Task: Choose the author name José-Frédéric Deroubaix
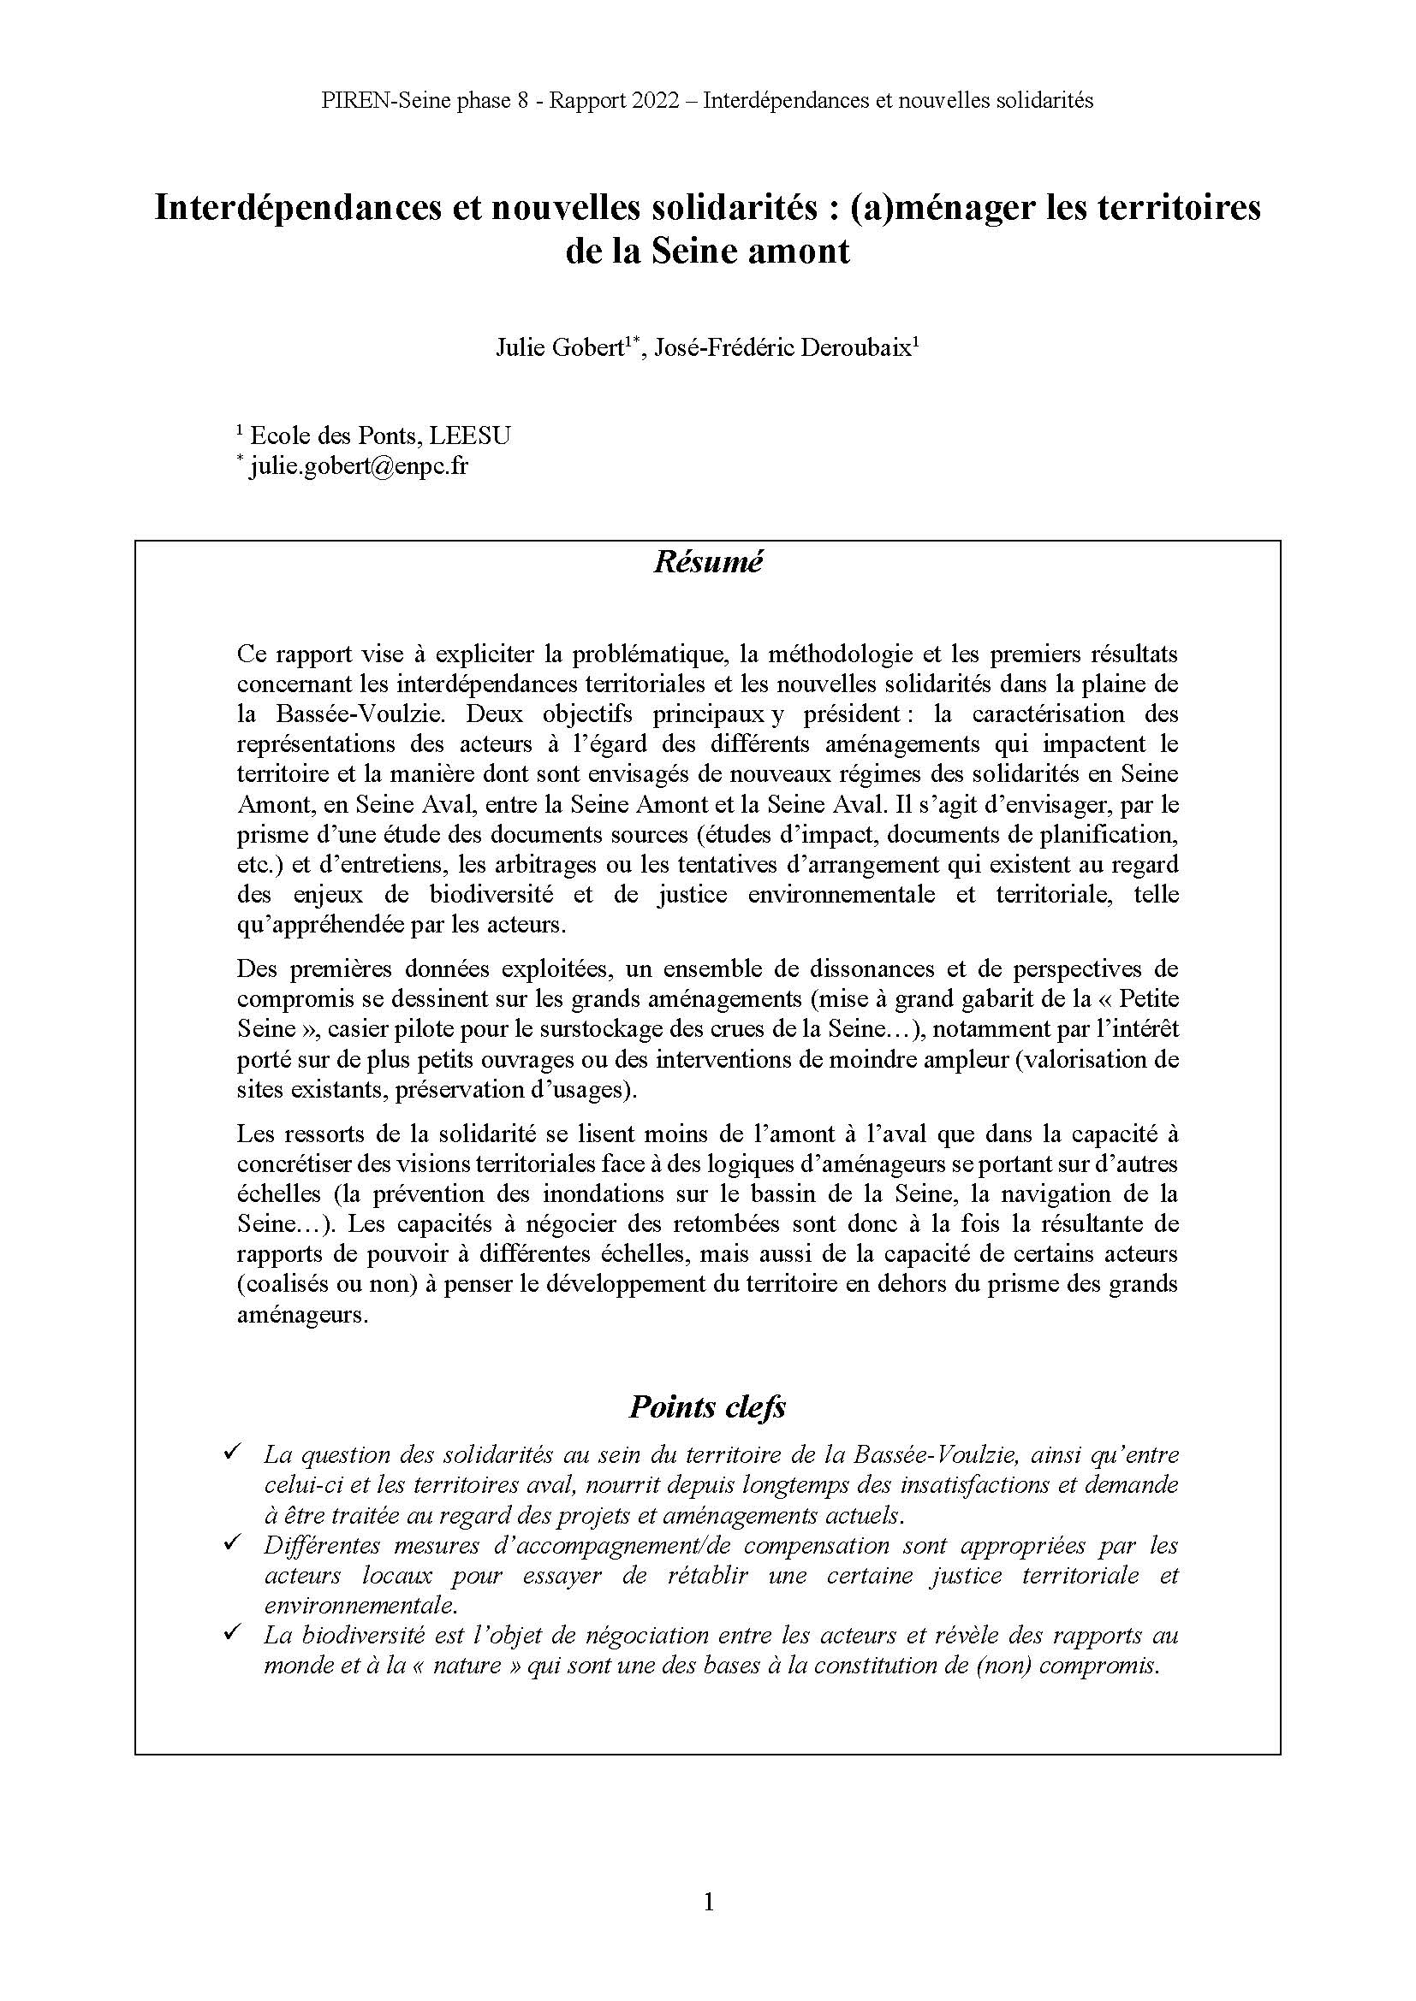click(782, 347)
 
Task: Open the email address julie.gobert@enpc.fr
click(359, 465)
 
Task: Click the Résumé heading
click(707, 562)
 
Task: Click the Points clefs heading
click(707, 1407)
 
